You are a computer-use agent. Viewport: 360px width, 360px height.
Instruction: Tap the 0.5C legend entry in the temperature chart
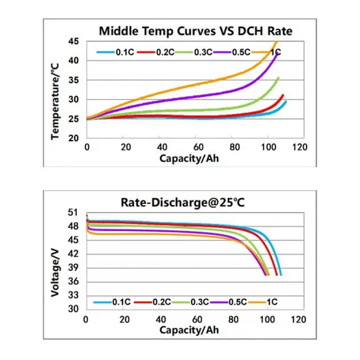234,52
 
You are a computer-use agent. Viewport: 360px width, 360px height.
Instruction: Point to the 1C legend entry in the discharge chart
268,301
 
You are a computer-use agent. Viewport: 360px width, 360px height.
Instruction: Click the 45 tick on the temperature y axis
74,42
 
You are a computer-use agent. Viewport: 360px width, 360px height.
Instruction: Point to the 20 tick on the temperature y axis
74,138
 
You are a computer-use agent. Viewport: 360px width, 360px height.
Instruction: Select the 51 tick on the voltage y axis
73,212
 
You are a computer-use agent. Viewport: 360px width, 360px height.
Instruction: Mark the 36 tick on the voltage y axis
73,282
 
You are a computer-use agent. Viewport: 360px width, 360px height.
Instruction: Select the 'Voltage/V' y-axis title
55,261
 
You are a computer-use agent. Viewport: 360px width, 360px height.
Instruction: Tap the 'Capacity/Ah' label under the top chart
189,158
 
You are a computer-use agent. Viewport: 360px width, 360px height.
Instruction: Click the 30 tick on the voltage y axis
73,309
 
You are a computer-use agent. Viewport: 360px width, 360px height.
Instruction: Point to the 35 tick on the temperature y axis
74,80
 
